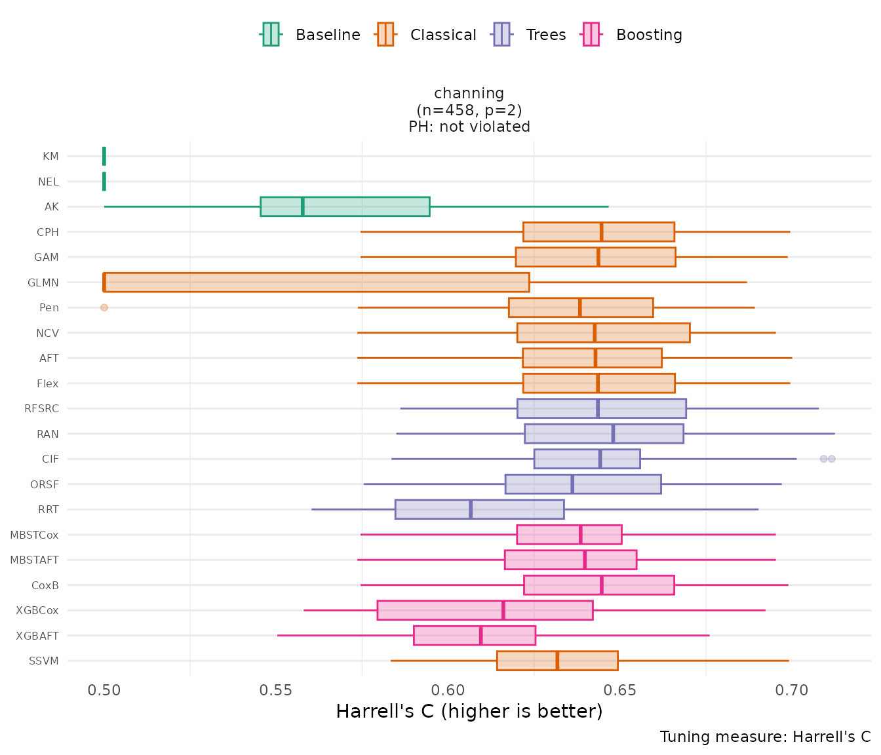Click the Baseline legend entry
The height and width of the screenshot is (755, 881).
tap(311, 35)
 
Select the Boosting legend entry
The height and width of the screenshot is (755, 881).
tap(633, 35)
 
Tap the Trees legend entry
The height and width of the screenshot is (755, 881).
tap(530, 35)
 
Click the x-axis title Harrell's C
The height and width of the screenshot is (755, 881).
tap(469, 712)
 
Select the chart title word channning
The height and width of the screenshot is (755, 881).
tap(469, 94)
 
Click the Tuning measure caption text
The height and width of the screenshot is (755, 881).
tap(765, 737)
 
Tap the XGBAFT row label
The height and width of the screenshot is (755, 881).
tap(37, 636)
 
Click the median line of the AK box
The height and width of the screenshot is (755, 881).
tap(302, 206)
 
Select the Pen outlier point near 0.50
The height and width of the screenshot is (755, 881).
tap(104, 307)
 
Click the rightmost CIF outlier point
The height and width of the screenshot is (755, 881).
tap(831, 459)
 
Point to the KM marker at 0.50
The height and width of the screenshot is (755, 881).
tap(104, 156)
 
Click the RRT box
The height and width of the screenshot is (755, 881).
tap(479, 509)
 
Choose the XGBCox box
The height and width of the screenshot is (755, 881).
tap(484, 610)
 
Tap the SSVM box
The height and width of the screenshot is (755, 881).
tap(557, 661)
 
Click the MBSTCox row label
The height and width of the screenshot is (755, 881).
tap(34, 535)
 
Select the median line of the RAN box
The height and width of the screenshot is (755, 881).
tap(613, 434)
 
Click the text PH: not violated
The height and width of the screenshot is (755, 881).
tap(469, 126)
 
